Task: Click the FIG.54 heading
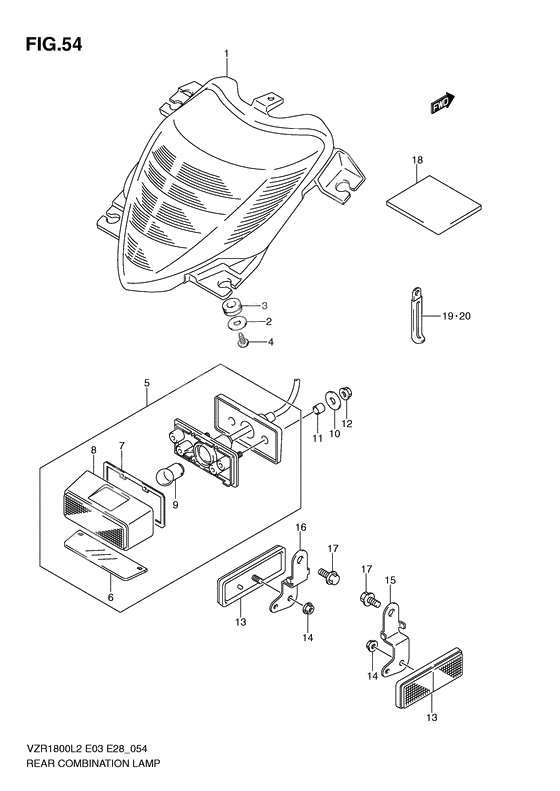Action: (53, 44)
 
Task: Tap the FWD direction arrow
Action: (443, 103)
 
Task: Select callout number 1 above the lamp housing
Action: (227, 53)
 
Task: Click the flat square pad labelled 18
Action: (434, 204)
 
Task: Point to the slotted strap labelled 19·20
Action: (418, 316)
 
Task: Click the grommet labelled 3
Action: (232, 306)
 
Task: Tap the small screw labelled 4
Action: (243, 342)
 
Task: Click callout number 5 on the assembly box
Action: (146, 383)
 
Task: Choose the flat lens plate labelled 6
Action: (106, 553)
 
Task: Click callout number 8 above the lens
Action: (93, 449)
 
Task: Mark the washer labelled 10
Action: (332, 399)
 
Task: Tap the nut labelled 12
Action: (347, 392)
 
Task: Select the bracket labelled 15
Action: (395, 639)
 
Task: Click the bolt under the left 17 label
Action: (329, 575)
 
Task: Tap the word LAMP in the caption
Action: (147, 763)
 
